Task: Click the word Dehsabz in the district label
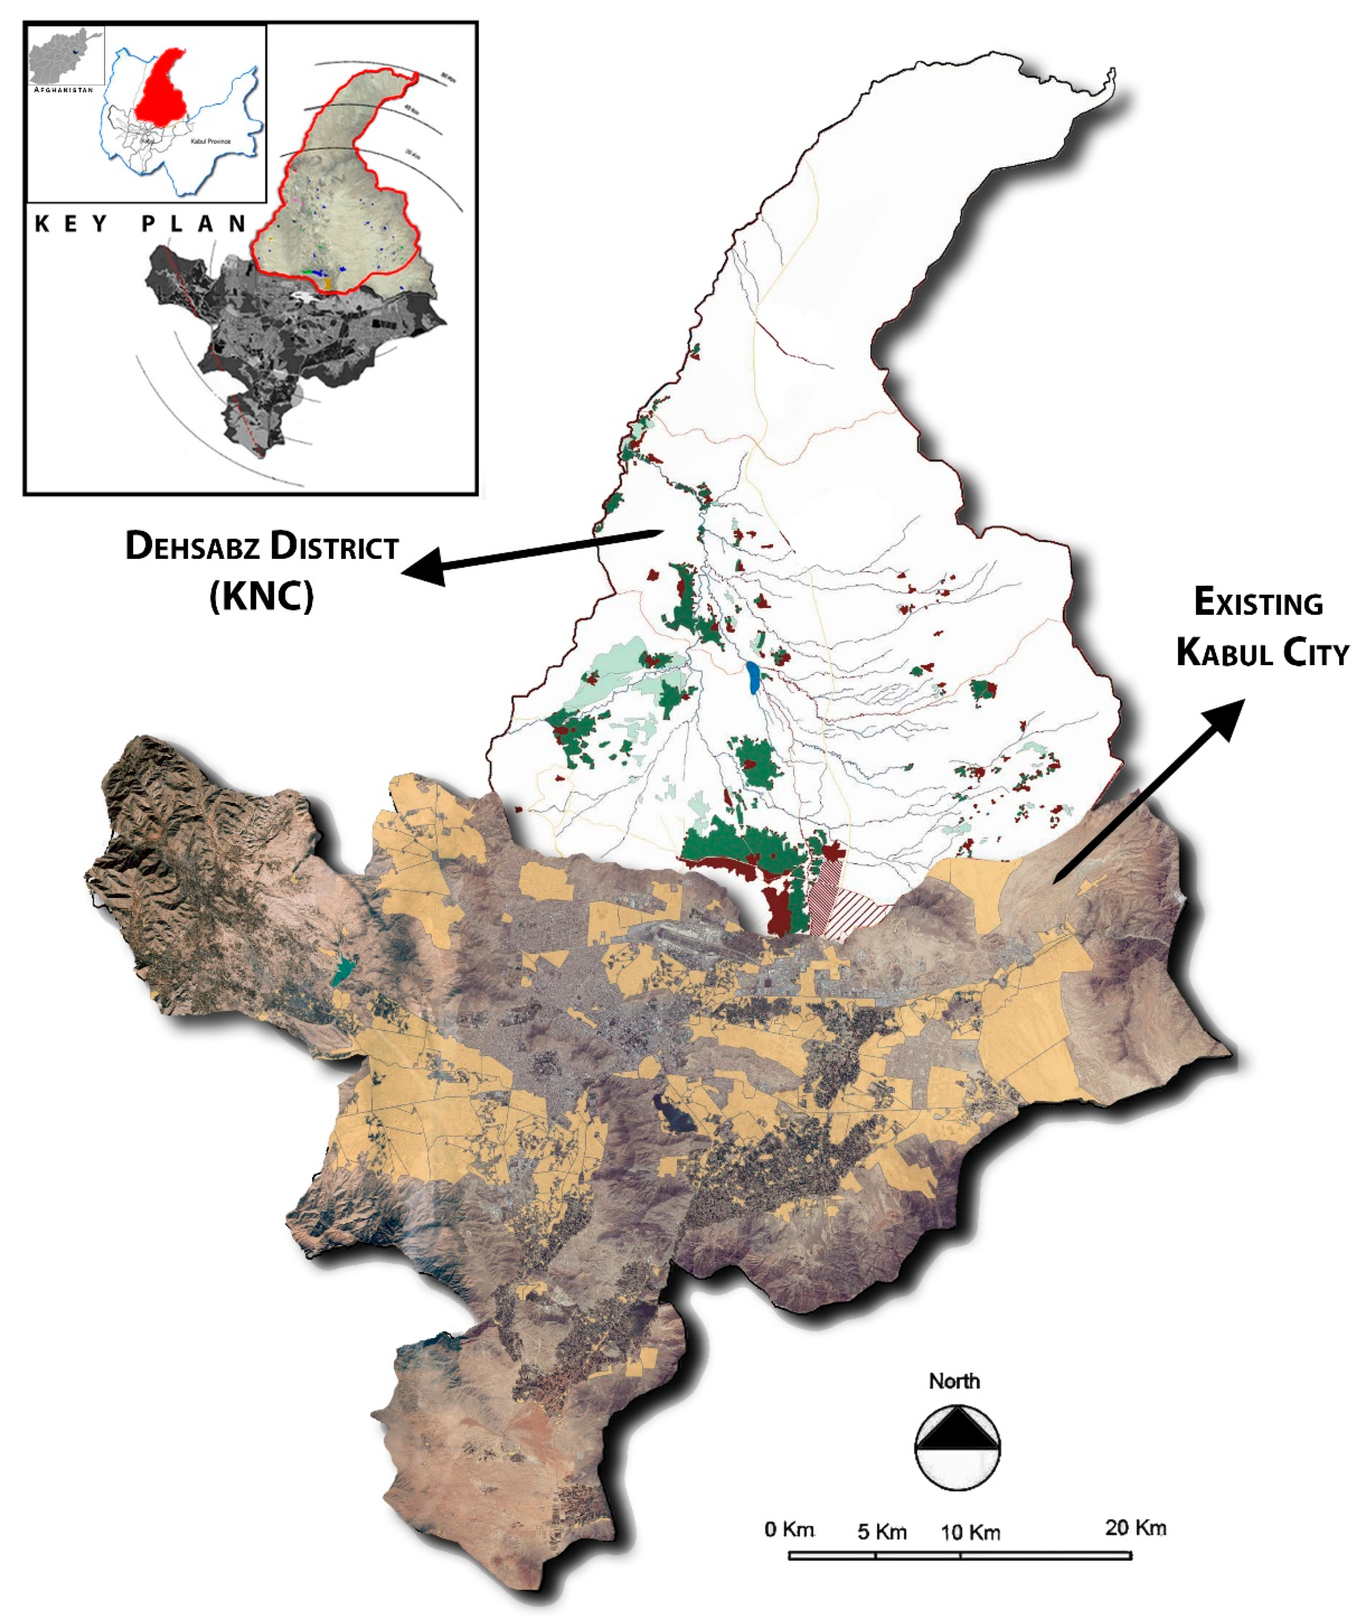[x=193, y=547]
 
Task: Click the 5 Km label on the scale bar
[x=881, y=1531]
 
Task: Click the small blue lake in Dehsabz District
[x=753, y=678]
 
